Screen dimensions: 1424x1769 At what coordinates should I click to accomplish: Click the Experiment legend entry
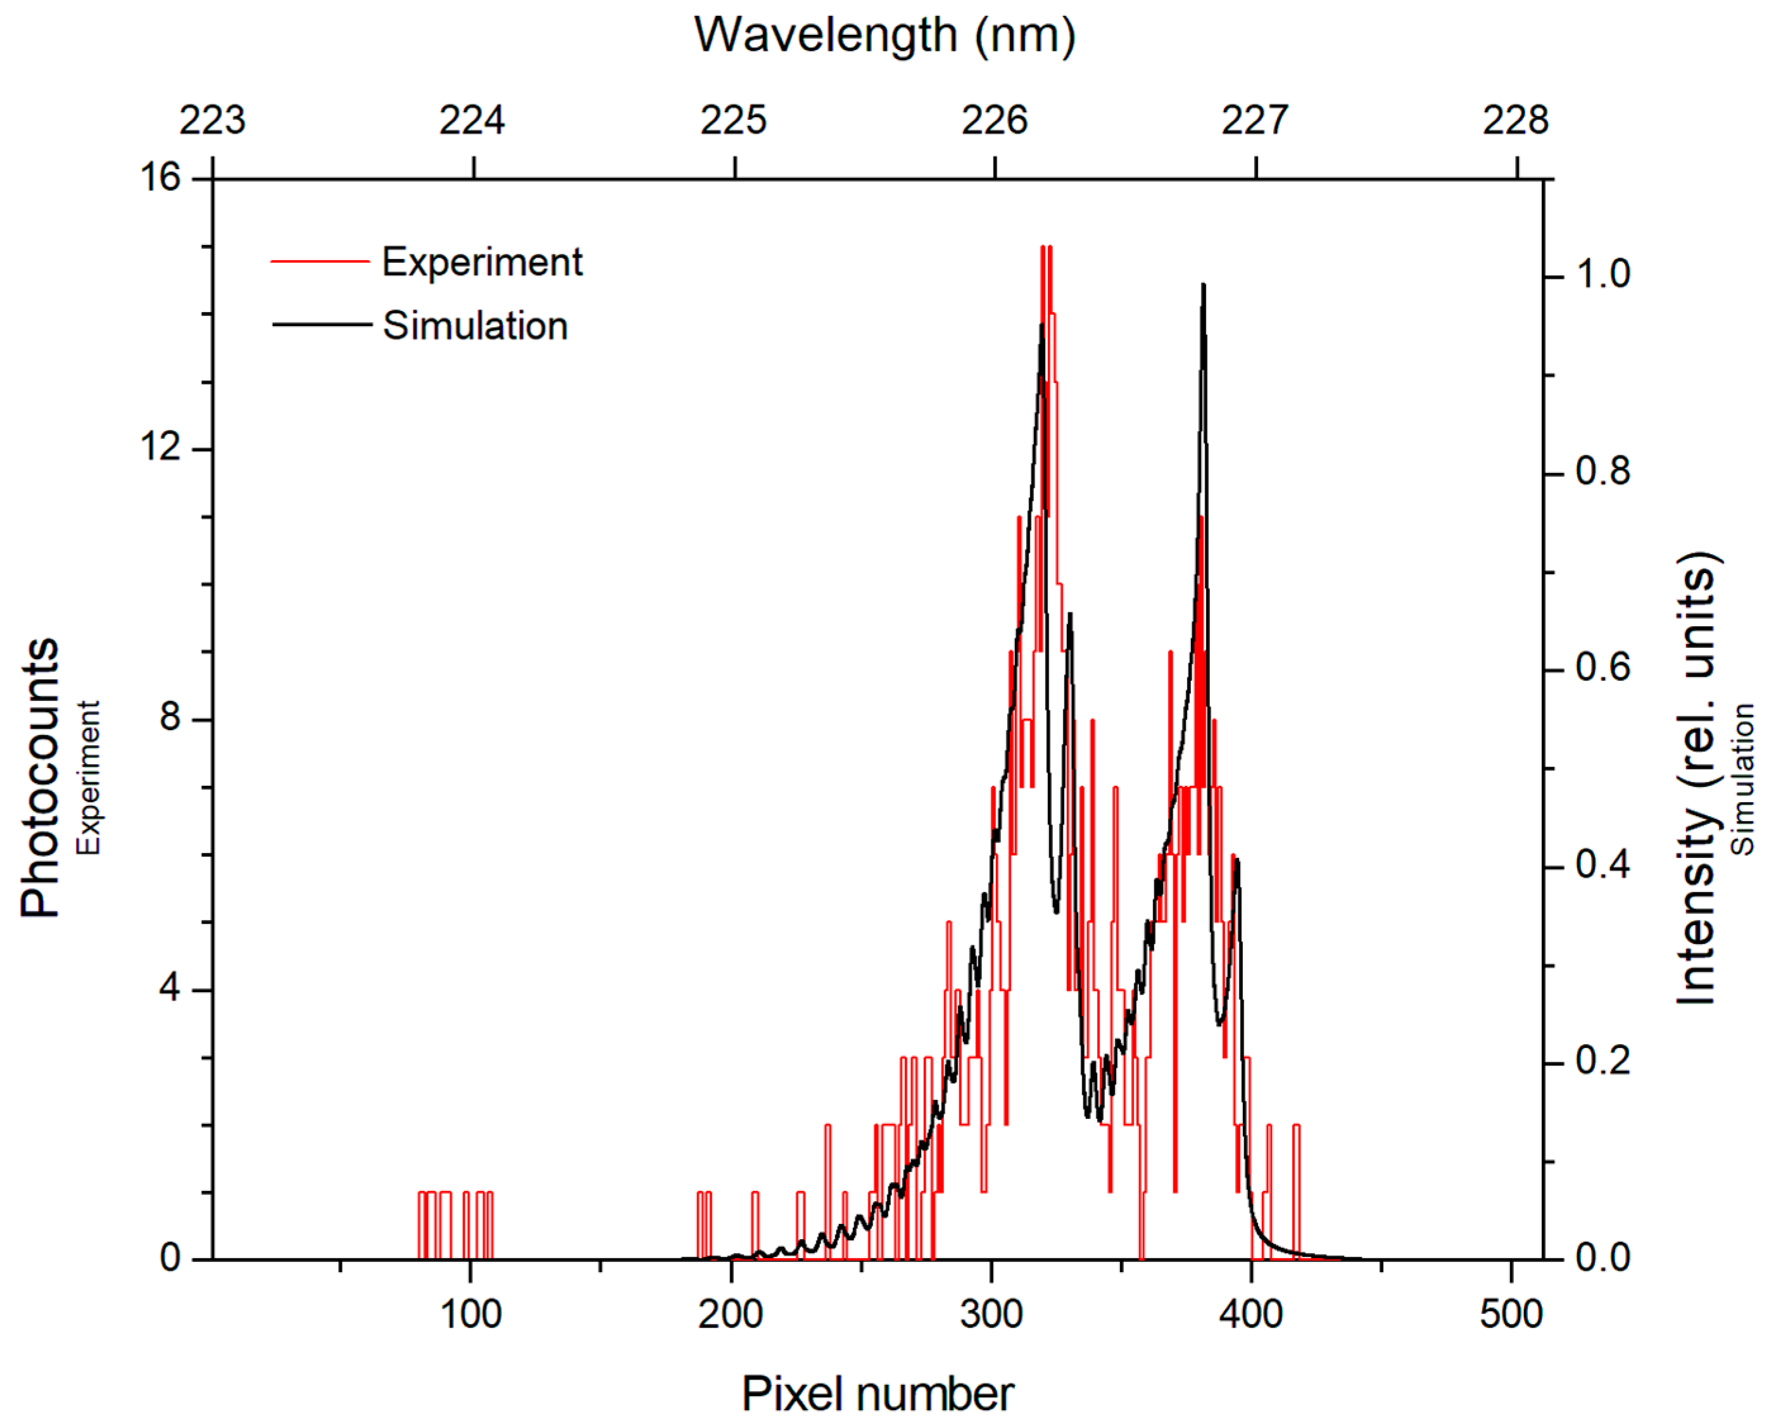click(482, 263)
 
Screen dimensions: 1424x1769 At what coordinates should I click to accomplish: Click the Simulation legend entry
click(474, 326)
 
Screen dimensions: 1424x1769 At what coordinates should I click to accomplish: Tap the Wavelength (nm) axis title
click(885, 36)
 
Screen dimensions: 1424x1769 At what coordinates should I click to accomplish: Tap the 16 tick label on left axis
click(160, 177)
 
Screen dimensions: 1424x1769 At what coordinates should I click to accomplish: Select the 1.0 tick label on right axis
click(1602, 275)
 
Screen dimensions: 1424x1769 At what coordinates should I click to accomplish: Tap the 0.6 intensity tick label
click(1602, 668)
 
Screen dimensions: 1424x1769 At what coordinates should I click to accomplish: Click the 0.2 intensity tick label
click(1602, 1061)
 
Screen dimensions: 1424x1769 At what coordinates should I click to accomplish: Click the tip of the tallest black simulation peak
click(1203, 285)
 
